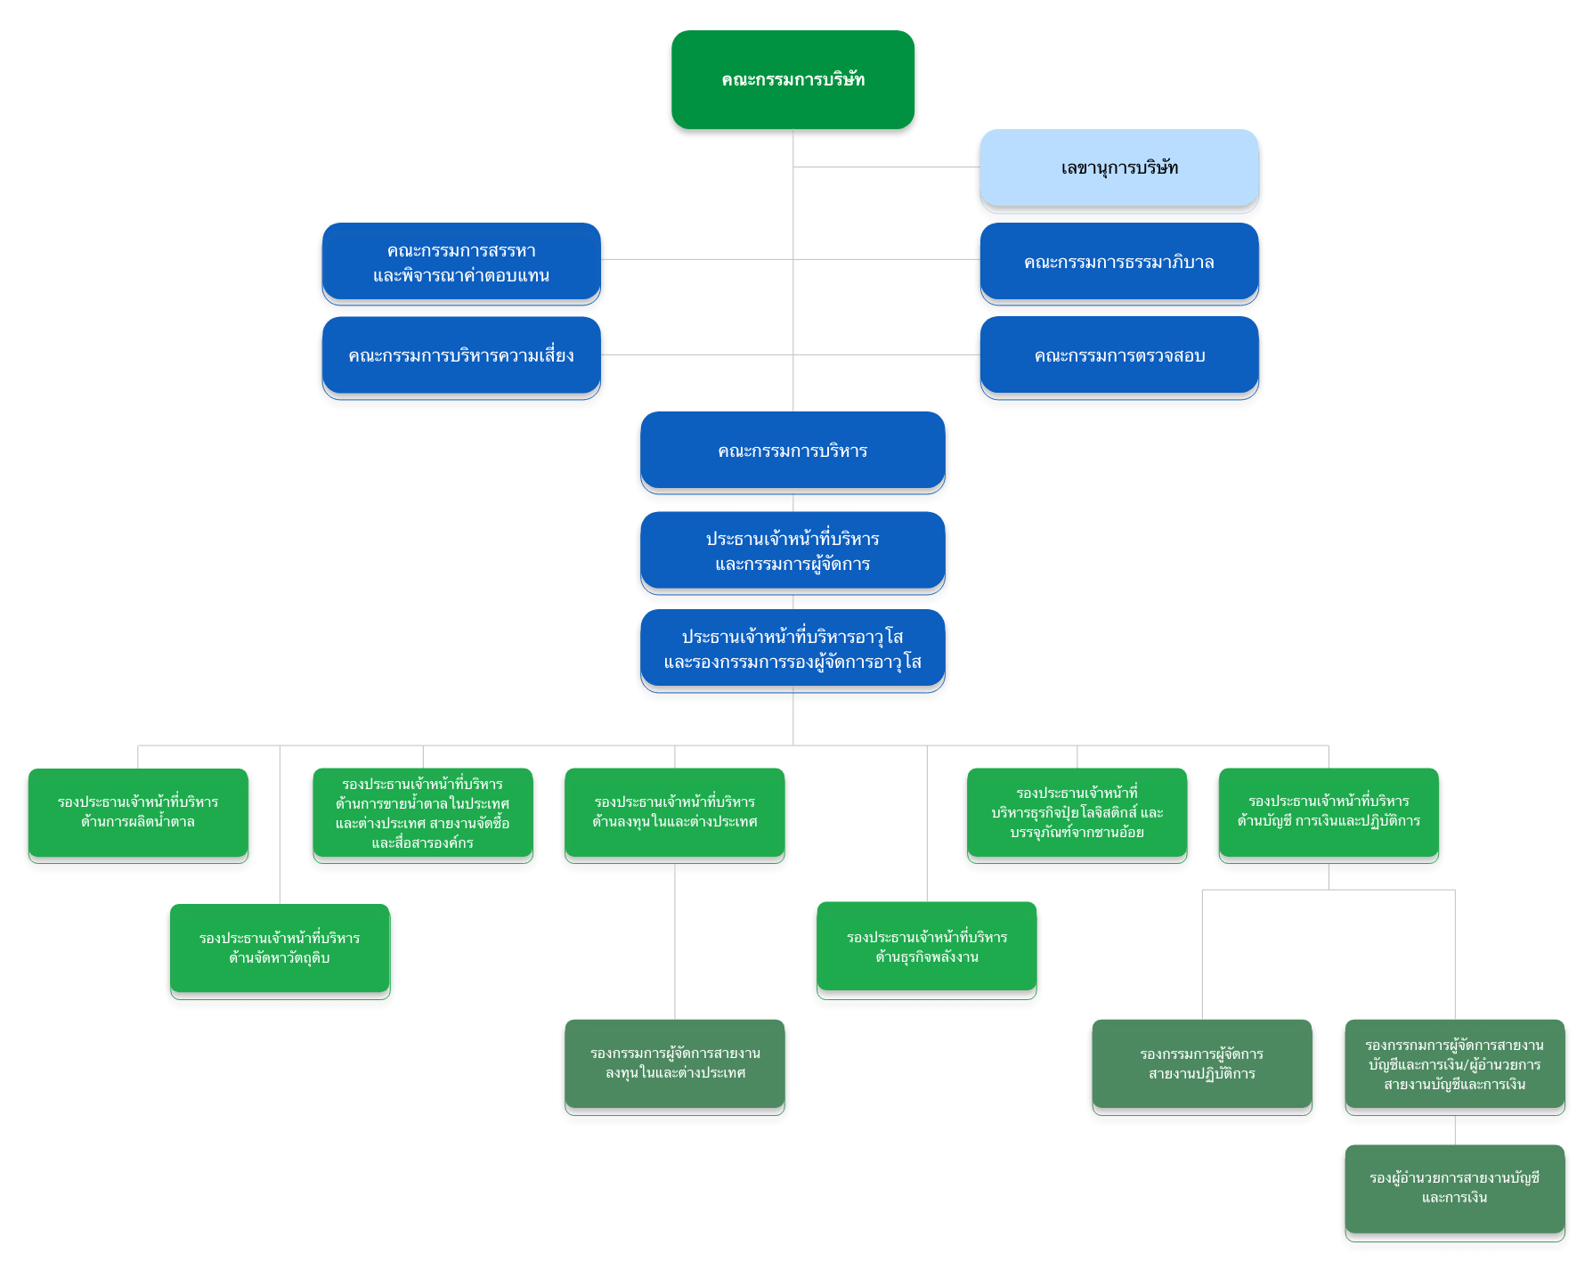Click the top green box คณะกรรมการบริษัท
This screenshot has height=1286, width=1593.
tap(792, 80)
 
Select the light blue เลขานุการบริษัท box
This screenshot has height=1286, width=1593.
tap(1119, 168)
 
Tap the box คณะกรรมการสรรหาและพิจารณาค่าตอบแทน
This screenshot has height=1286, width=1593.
tap(461, 263)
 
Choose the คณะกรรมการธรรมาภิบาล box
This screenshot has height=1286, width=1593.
tap(1119, 263)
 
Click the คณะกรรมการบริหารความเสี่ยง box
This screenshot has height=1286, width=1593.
tap(461, 356)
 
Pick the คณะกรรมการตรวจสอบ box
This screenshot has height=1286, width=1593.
tap(1119, 356)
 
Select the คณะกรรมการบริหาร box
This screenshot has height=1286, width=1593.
tap(792, 452)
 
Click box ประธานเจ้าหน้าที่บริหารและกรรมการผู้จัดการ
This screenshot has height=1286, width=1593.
tap(792, 551)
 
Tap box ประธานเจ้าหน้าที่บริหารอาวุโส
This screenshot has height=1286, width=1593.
tap(792, 649)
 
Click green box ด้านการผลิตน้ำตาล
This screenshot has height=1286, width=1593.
tap(138, 812)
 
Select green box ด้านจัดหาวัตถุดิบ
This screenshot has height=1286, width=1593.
tap(280, 948)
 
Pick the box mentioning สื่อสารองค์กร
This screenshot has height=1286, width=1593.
tap(423, 813)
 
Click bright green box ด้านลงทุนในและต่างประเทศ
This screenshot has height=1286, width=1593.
tap(675, 812)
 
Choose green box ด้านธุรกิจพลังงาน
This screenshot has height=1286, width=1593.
tap(927, 948)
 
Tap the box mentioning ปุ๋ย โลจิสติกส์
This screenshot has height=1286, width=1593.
tap(1077, 812)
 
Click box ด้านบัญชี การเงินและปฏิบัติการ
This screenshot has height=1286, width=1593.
tap(1329, 811)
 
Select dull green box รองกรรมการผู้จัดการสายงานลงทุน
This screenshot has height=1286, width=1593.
tap(675, 1063)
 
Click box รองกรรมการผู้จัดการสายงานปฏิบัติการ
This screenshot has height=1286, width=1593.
tap(1202, 1063)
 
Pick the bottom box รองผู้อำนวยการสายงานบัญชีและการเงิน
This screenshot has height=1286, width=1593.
tap(1455, 1188)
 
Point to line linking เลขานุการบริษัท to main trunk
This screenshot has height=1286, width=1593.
tap(886, 167)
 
